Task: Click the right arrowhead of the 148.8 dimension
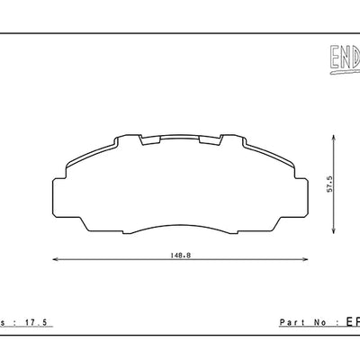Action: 305,262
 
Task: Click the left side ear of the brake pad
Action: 60,193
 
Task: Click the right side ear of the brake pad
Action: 301,193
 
